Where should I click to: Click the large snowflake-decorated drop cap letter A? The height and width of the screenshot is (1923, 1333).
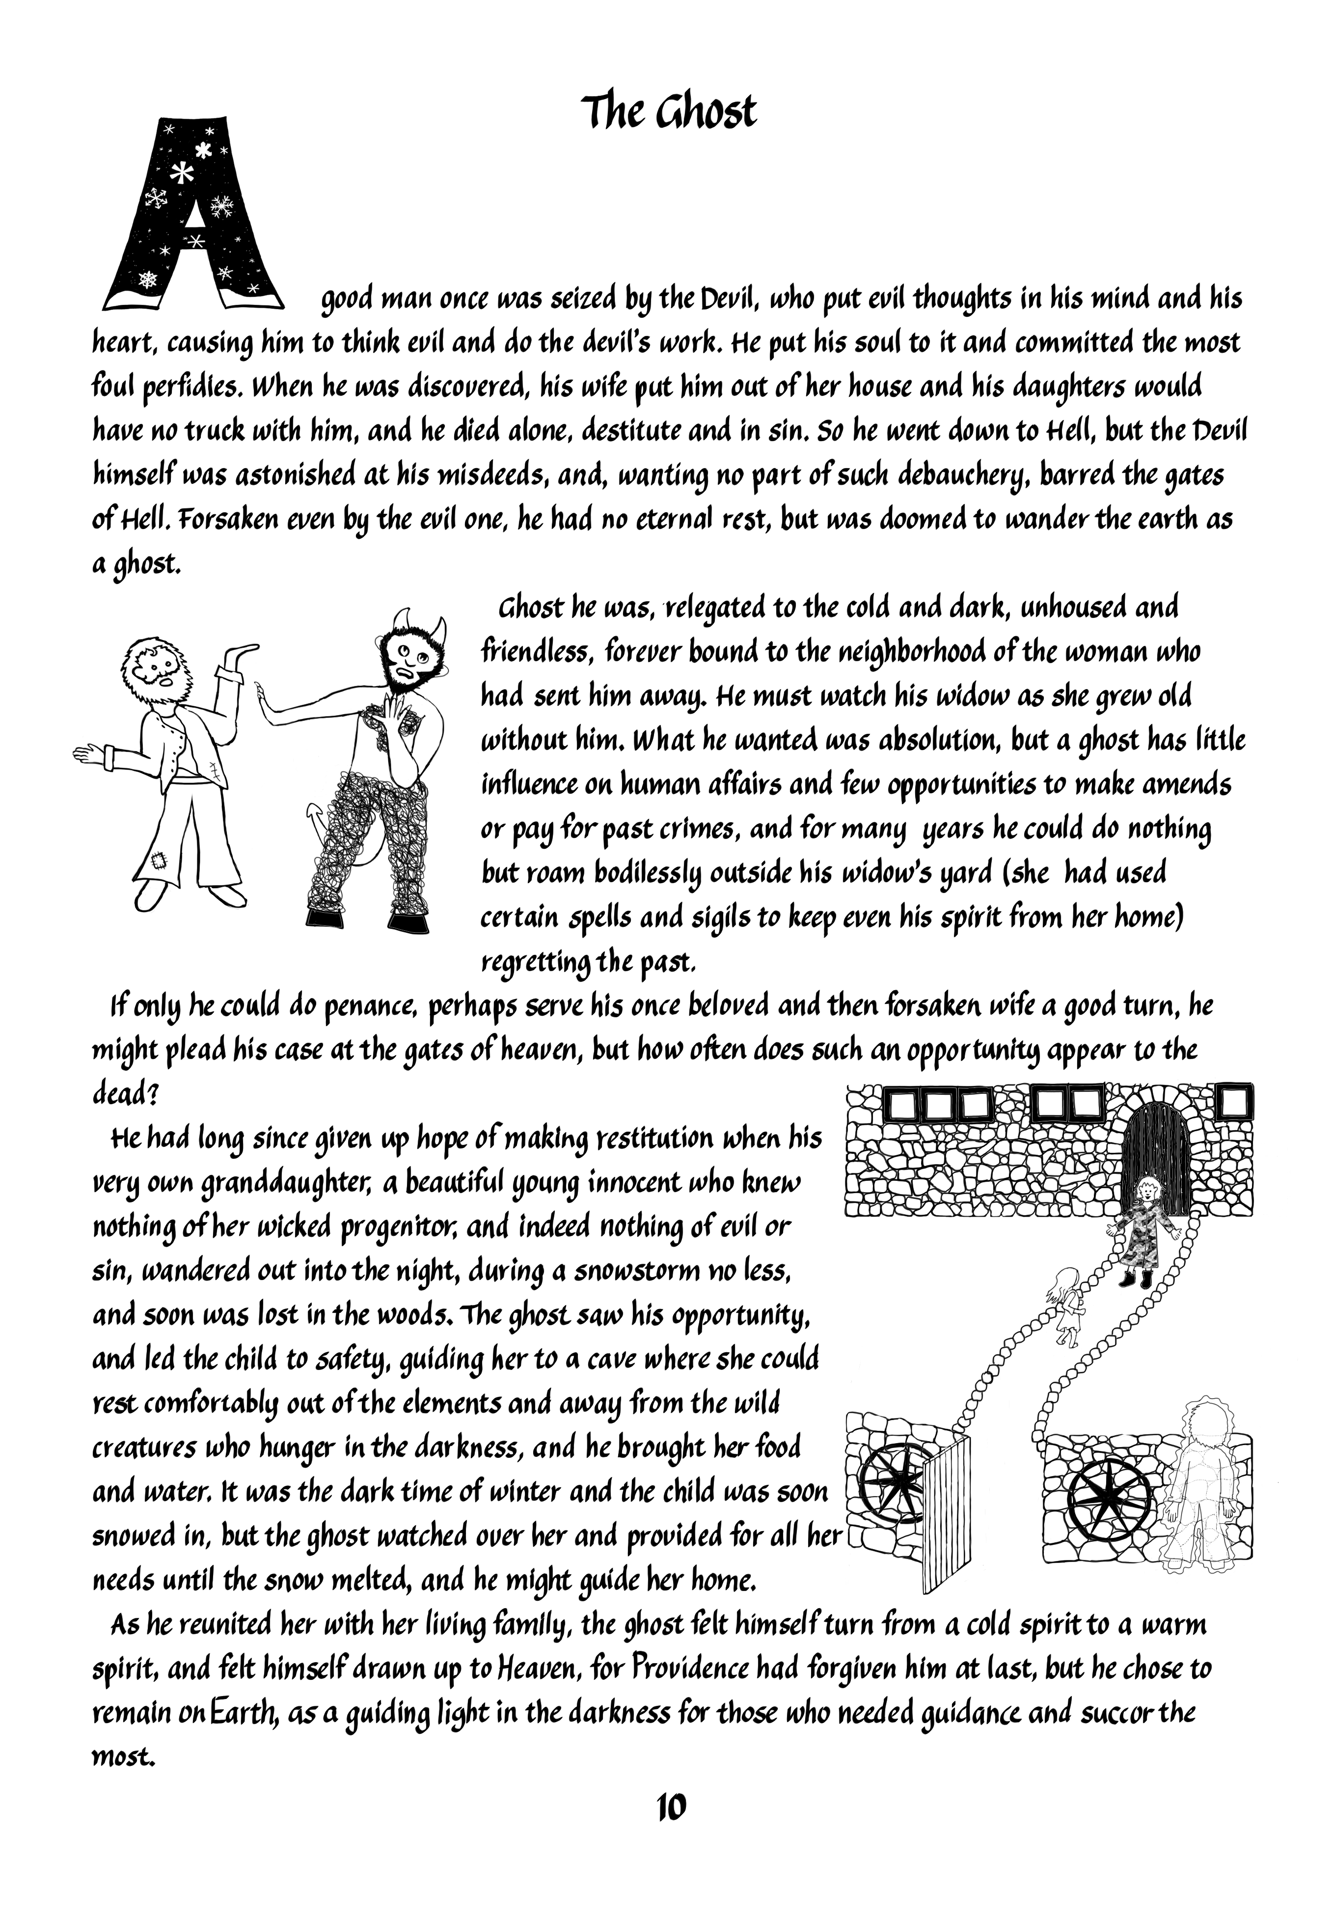click(194, 213)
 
